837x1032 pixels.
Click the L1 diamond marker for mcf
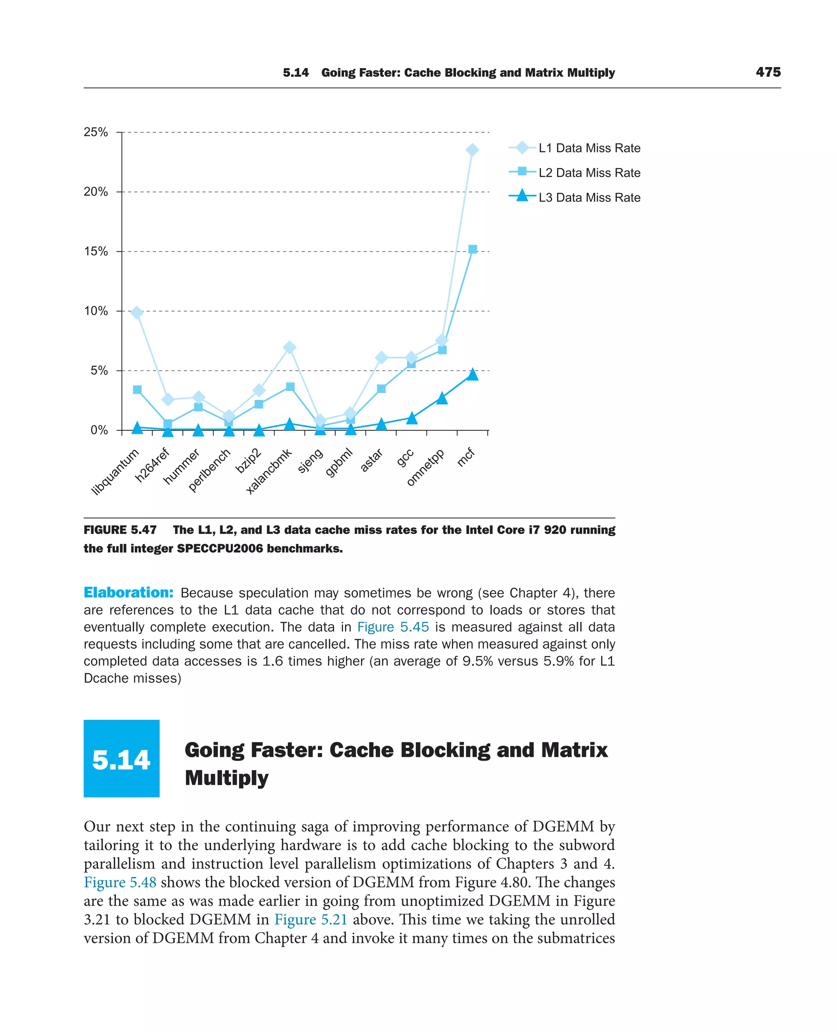click(x=472, y=150)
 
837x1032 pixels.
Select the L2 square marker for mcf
click(x=472, y=249)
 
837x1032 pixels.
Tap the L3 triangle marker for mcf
click(x=472, y=375)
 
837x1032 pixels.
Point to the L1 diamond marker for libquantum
click(x=137, y=313)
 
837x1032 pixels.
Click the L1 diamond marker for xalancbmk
click(x=289, y=348)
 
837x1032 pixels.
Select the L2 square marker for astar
click(x=381, y=389)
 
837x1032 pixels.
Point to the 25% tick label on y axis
click(x=96, y=132)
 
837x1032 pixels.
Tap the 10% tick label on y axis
click(x=96, y=311)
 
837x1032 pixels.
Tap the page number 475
click(x=768, y=72)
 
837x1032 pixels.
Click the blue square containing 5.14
click(x=121, y=758)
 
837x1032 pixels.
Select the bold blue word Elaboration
click(x=128, y=592)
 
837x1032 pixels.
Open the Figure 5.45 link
click(x=392, y=627)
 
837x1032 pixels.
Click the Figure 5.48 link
click(x=120, y=882)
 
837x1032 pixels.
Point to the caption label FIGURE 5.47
click(x=120, y=530)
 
